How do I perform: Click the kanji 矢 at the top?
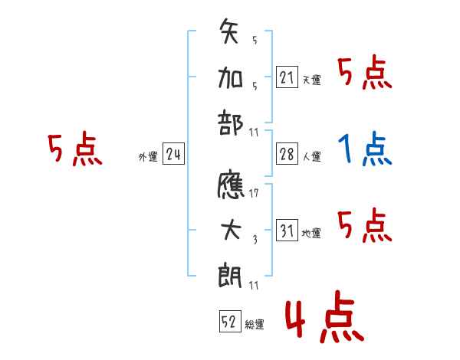(x=228, y=31)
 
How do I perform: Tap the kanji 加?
(x=230, y=78)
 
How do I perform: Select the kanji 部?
(x=230, y=123)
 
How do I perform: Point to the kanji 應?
(x=231, y=184)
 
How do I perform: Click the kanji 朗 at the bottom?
(x=230, y=275)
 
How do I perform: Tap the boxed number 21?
(x=287, y=77)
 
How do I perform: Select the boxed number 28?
(x=287, y=154)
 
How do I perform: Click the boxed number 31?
(x=287, y=230)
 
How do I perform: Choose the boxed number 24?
(x=173, y=154)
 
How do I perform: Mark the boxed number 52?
(x=230, y=321)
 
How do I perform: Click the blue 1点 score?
(x=365, y=149)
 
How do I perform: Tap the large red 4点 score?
(x=324, y=316)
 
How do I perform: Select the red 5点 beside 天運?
(x=365, y=72)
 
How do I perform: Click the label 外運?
(x=148, y=157)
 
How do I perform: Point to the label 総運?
(x=255, y=324)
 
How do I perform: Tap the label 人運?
(x=312, y=156)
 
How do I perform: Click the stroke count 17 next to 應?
(x=254, y=193)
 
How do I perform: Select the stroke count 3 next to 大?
(x=255, y=240)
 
